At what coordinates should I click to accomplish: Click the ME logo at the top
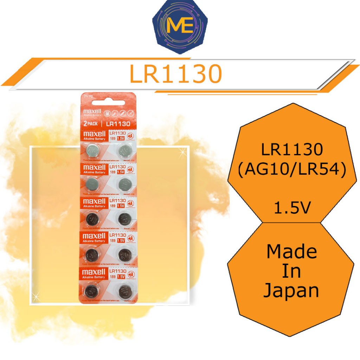coord(180,27)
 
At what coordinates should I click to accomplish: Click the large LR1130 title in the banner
coord(176,74)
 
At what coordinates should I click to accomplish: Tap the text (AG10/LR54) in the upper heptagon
coord(292,171)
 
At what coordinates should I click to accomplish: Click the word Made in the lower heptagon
coord(292,251)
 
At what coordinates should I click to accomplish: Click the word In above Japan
coord(292,271)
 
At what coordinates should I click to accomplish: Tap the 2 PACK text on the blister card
coord(91,124)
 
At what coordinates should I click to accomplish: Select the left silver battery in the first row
coord(94,151)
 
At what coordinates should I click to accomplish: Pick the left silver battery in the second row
coord(93,184)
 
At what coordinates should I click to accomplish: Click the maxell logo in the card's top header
coord(92,112)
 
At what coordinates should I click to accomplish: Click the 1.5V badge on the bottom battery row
coord(121,277)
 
